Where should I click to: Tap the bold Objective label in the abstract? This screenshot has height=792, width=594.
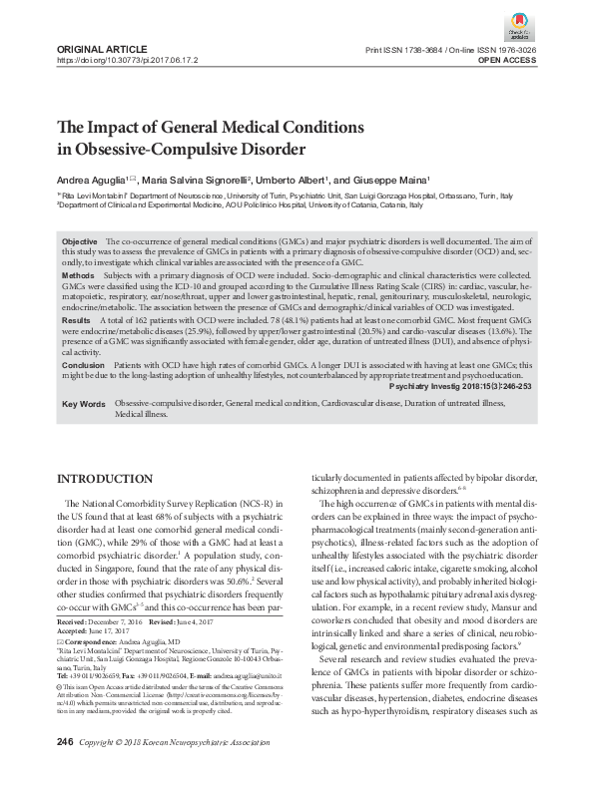click(80, 242)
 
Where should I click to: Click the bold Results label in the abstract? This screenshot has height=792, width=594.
click(76, 321)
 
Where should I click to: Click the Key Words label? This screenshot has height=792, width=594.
click(84, 404)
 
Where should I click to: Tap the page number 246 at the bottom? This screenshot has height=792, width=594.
click(66, 771)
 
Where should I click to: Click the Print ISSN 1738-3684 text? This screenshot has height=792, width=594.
click(403, 48)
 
